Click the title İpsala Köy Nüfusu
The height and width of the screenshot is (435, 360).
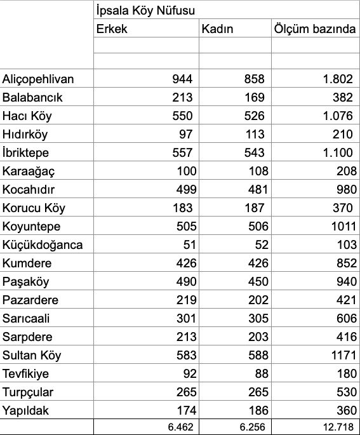[x=145, y=11]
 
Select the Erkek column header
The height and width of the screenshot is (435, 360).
[x=112, y=29]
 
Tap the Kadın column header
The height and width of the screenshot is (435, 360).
[x=217, y=29]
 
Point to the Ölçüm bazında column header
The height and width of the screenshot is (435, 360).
[x=314, y=29]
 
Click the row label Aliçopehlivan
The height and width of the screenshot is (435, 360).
[x=38, y=79]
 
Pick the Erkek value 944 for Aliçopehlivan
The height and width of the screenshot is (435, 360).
[x=182, y=79]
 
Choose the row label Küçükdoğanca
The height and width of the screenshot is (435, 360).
[x=42, y=245]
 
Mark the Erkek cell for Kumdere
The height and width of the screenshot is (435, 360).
[x=182, y=264]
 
